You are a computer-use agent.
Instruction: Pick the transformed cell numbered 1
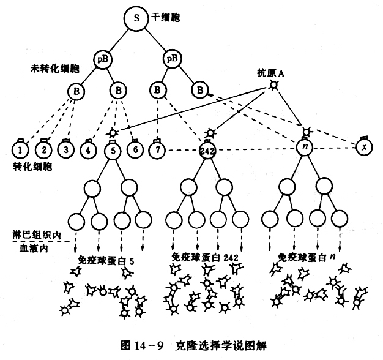click(x=22, y=148)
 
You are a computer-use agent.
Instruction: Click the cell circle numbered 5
click(x=113, y=149)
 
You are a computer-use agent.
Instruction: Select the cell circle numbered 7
click(x=158, y=149)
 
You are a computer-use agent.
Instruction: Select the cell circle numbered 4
click(x=90, y=148)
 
